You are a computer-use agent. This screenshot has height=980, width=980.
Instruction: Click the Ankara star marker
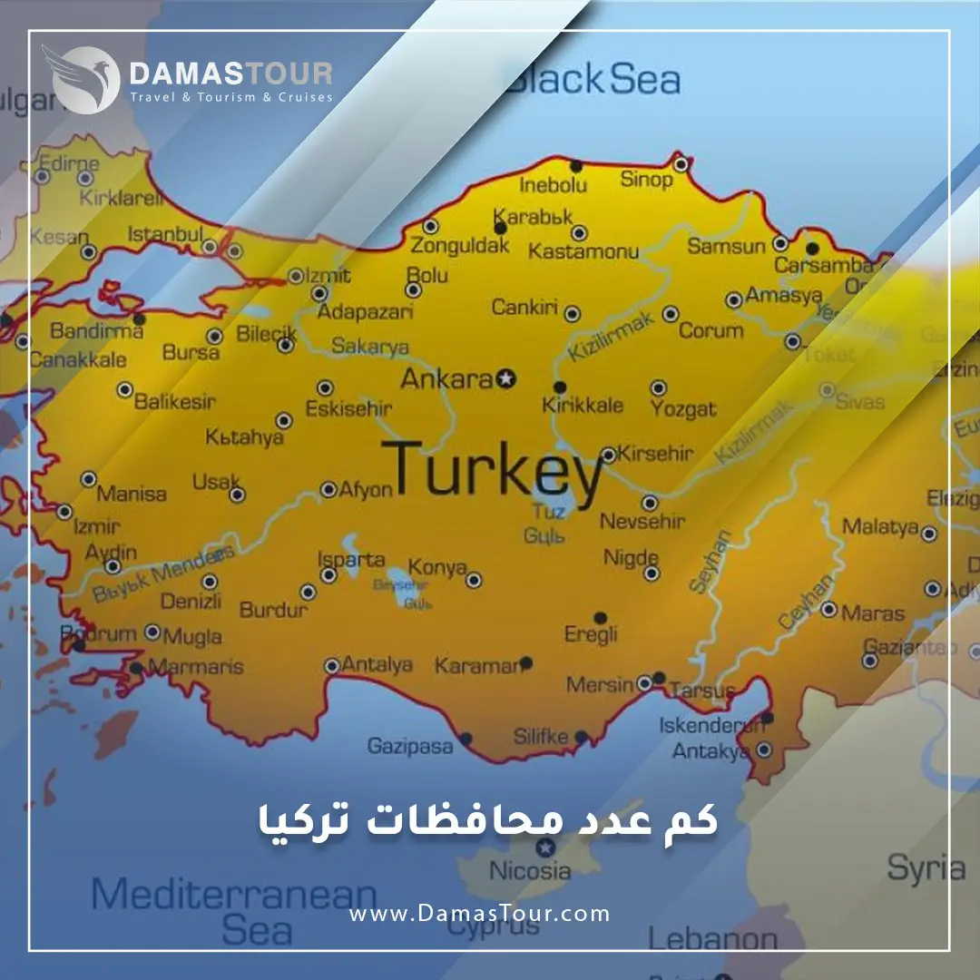(507, 378)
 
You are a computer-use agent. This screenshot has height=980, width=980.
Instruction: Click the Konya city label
(437, 567)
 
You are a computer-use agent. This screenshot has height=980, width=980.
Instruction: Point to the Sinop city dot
(681, 164)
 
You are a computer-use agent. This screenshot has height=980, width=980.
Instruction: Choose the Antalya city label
(377, 665)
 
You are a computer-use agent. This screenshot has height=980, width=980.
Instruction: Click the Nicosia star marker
(544, 848)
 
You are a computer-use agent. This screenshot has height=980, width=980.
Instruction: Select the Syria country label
(926, 867)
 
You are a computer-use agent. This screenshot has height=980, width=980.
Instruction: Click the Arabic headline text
(484, 818)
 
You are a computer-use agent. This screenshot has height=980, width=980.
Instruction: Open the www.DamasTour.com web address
(479, 914)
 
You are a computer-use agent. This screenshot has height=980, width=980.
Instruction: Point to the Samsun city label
(726, 246)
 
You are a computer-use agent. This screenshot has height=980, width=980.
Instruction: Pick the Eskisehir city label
(348, 408)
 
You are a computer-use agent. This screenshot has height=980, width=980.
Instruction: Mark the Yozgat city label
(683, 409)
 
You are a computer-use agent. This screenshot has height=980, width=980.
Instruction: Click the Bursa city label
(191, 352)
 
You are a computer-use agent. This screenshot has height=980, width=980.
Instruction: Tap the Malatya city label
(879, 526)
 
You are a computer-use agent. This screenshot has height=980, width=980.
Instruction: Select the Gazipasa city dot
(465, 739)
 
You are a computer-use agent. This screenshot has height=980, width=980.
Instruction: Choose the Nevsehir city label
(642, 522)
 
